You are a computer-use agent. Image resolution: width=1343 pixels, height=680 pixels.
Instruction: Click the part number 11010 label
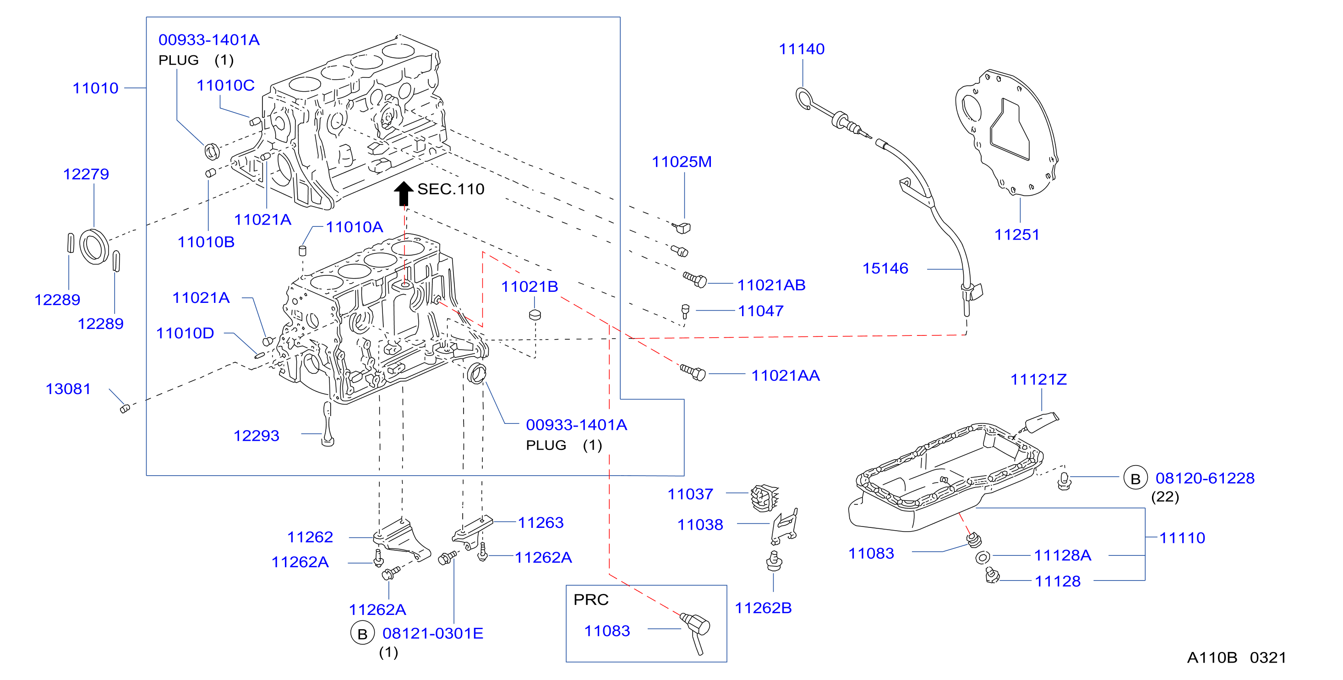(95, 88)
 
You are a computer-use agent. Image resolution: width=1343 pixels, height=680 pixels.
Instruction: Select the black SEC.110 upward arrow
(403, 193)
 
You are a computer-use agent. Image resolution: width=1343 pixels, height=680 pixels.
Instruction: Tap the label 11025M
(682, 162)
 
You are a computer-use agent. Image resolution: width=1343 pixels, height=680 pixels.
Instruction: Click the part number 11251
(1016, 235)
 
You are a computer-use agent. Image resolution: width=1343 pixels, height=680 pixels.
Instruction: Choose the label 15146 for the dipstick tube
(885, 269)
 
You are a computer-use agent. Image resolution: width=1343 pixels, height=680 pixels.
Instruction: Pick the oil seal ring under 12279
(94, 246)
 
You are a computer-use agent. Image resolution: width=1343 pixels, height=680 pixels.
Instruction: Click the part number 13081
(68, 389)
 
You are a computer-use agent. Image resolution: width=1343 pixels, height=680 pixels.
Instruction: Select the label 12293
(256, 436)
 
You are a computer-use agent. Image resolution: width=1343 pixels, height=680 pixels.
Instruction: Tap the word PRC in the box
(591, 600)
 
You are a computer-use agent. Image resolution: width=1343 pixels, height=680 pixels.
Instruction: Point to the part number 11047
(761, 311)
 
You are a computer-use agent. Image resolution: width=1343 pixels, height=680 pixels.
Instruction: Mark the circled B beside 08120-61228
(1135, 478)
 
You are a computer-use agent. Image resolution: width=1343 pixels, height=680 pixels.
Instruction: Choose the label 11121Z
(1038, 379)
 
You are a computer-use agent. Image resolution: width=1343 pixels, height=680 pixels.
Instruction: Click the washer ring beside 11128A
(982, 558)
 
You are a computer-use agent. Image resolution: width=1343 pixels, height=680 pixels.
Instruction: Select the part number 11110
(1182, 537)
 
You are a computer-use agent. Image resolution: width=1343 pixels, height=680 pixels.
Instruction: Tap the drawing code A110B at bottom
(1212, 658)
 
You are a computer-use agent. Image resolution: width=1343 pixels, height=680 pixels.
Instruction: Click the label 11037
(690, 494)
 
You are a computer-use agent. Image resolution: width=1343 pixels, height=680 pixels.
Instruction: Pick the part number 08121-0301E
(433, 634)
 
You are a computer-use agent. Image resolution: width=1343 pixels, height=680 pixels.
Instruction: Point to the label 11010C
(225, 86)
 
